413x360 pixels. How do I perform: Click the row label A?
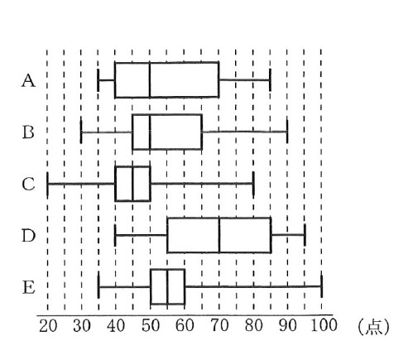click(28, 81)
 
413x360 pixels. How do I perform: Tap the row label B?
click(28, 132)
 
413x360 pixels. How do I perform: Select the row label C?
click(28, 184)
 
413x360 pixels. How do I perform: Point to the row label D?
click(29, 236)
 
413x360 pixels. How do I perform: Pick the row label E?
click(29, 287)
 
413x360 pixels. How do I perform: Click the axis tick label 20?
click(48, 326)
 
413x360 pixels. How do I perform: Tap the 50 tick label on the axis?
click(151, 326)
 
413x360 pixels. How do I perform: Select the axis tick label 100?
click(324, 325)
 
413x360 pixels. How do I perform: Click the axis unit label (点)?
click(373, 327)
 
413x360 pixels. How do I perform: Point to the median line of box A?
click(150, 80)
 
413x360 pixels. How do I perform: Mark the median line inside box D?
click(219, 235)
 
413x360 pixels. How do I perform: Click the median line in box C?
click(132, 184)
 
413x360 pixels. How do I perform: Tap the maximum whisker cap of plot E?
click(322, 286)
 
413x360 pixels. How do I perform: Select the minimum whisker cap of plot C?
click(48, 184)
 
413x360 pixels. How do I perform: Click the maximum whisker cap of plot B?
click(287, 132)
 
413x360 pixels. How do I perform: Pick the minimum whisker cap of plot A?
click(98, 80)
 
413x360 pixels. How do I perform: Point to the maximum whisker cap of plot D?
click(305, 235)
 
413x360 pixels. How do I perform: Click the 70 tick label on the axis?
click(219, 326)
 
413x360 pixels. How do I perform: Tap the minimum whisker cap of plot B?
click(81, 132)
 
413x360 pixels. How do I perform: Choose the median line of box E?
click(167, 286)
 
